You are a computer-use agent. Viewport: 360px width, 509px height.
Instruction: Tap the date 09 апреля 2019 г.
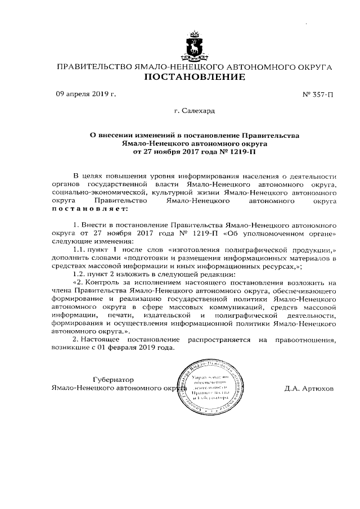coord(85,94)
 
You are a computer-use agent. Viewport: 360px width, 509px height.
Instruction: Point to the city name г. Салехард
coord(194,112)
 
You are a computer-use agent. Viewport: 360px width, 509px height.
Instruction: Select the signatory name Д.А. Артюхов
coord(309,388)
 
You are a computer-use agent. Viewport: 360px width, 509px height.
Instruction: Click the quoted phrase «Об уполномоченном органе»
coord(295,233)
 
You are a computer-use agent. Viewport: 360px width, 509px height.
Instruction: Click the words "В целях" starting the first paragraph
coord(87,177)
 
